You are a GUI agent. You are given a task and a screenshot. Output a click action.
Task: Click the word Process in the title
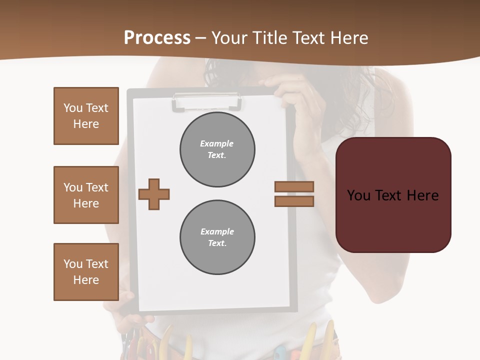157,38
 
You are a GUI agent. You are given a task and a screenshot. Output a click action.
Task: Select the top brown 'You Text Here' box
86,116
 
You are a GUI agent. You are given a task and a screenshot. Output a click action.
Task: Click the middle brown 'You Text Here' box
86,195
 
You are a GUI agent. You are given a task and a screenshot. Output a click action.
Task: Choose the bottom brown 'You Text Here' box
86,272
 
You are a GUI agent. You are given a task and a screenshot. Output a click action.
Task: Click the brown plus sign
154,194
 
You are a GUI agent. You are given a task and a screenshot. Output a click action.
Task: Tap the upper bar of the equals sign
294,186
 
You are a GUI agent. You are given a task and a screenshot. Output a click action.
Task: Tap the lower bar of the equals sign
294,201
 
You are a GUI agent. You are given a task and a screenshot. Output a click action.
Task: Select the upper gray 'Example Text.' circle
217,149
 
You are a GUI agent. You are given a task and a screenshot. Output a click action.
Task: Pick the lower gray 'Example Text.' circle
217,237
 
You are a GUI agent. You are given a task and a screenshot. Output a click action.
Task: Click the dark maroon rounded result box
393,195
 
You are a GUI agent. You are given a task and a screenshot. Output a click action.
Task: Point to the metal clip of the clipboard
206,101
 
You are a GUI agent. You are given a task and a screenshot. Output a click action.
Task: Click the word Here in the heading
349,38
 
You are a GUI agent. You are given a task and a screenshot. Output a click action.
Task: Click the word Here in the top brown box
86,124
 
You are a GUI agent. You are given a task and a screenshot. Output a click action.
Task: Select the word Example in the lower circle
217,231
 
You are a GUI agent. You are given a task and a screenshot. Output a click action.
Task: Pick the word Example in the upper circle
217,143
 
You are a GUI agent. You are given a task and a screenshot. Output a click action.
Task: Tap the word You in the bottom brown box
72,264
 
